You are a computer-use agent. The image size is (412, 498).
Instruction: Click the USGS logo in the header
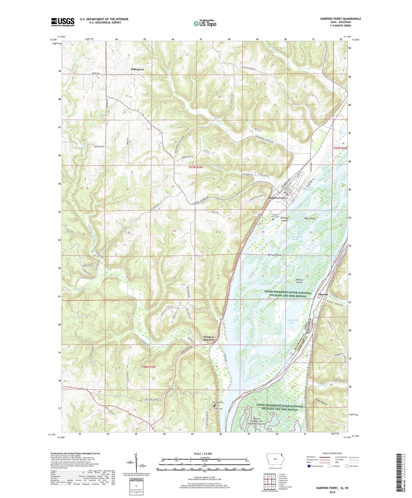click(x=62, y=22)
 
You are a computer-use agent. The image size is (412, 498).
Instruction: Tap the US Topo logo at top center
click(x=205, y=23)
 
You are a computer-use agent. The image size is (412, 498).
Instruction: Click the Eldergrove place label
click(x=137, y=69)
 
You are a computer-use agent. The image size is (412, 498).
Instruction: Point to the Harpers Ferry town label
click(x=277, y=198)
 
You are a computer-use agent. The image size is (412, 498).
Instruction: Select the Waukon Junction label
click(x=209, y=338)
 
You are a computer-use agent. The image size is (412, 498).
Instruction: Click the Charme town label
click(x=323, y=294)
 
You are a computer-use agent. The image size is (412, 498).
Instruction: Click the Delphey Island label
click(x=285, y=219)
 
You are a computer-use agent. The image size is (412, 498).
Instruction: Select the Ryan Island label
click(x=310, y=218)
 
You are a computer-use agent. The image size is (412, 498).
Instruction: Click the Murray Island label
click(x=274, y=255)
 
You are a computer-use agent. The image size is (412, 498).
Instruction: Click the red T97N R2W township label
click(x=340, y=148)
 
